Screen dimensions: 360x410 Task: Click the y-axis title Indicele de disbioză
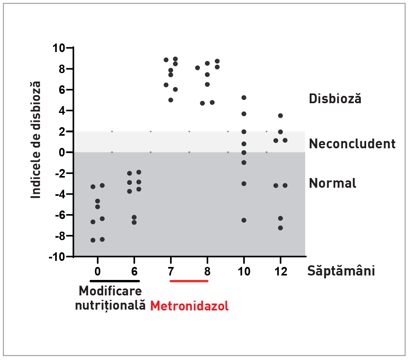(x=37, y=140)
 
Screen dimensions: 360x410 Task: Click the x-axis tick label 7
(x=171, y=271)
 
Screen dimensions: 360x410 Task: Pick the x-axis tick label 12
(x=280, y=271)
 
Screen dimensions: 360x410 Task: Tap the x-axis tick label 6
(x=134, y=271)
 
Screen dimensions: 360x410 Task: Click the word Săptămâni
(x=341, y=271)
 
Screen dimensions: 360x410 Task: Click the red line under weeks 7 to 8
(x=189, y=281)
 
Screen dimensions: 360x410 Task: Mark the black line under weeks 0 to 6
(x=114, y=281)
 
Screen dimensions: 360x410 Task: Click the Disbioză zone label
(x=335, y=99)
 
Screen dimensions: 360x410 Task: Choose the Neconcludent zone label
(x=352, y=143)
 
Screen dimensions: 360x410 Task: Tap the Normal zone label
(x=332, y=183)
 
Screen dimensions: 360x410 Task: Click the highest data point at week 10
(x=244, y=98)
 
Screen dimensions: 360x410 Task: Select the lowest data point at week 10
(x=244, y=220)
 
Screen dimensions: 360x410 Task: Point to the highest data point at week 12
(x=281, y=116)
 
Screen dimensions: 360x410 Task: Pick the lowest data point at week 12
(x=281, y=228)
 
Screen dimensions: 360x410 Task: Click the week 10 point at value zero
(x=244, y=153)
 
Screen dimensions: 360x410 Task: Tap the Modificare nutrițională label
(x=110, y=298)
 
